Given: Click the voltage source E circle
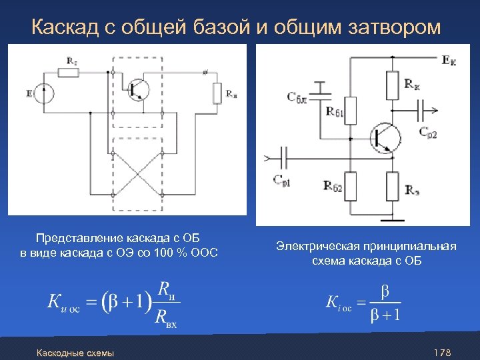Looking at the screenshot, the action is click(45, 94).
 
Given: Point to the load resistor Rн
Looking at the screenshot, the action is click(217, 94).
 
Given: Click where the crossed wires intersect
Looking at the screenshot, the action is click(139, 172).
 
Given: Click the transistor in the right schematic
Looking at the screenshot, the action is click(386, 137).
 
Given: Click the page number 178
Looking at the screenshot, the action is click(443, 352).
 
